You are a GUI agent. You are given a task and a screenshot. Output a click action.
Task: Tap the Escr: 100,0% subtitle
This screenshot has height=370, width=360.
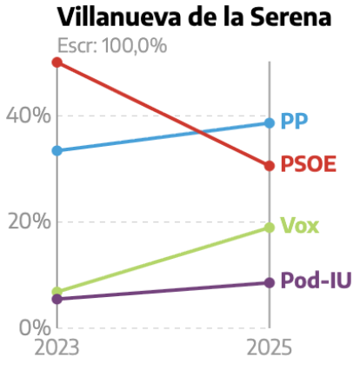click(x=111, y=46)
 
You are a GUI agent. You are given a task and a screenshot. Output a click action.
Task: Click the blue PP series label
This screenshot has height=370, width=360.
click(x=294, y=121)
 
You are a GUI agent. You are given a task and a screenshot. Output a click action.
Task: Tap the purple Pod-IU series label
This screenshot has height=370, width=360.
click(x=315, y=281)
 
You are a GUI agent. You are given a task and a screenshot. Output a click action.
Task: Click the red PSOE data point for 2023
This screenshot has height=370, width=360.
click(x=57, y=63)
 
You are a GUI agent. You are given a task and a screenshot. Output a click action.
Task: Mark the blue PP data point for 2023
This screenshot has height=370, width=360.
click(x=57, y=150)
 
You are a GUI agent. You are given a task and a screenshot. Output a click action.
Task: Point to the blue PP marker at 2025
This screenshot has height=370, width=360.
click(x=270, y=122)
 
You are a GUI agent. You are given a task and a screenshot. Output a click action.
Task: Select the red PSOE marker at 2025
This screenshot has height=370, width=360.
click(x=270, y=165)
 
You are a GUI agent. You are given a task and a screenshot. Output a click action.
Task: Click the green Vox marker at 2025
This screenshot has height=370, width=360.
click(x=270, y=228)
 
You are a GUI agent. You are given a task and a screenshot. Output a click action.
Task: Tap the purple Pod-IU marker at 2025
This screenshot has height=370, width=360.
click(x=270, y=282)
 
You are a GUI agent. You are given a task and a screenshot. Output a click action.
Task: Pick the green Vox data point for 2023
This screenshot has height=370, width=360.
click(x=57, y=292)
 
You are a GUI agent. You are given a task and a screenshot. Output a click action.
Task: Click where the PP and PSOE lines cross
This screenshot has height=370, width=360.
click(x=203, y=133)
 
